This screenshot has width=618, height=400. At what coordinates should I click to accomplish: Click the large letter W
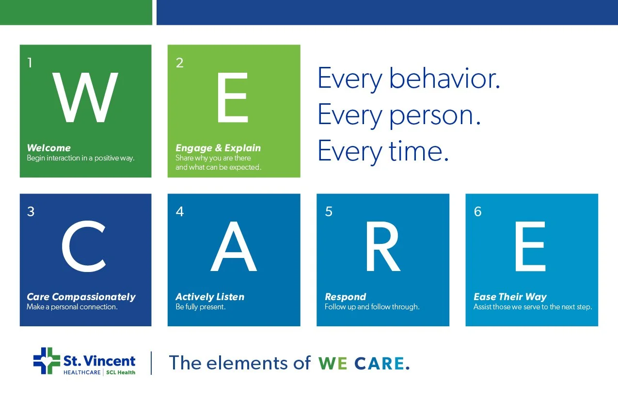(x=85, y=97)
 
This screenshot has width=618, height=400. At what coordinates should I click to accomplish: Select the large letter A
(x=234, y=246)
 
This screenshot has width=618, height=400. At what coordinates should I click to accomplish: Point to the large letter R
(x=383, y=246)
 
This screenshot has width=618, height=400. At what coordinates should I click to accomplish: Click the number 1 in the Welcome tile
(x=30, y=63)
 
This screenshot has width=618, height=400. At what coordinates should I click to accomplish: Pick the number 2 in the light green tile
(x=180, y=63)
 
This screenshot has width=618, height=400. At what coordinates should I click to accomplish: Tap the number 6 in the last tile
(x=477, y=212)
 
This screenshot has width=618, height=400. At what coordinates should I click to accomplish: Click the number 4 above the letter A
(x=180, y=212)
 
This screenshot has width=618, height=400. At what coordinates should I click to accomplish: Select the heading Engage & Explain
(x=218, y=148)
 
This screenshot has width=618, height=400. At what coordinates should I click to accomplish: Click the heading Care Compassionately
(x=81, y=297)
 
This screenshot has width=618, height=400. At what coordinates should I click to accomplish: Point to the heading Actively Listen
(x=210, y=297)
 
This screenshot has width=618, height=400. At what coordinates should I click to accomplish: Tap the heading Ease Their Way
(x=510, y=297)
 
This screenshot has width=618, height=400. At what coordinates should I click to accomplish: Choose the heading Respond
(x=346, y=297)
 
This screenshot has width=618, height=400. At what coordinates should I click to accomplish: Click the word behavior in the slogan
(x=444, y=79)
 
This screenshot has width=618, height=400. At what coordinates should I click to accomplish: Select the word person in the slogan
(x=435, y=116)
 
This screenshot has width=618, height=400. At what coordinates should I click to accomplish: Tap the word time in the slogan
(x=419, y=151)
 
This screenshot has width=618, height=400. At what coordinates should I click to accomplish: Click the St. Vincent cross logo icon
(x=47, y=361)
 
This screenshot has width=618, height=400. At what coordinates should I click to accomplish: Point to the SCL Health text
(x=121, y=372)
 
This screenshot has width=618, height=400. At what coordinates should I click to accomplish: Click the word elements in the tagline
(x=247, y=363)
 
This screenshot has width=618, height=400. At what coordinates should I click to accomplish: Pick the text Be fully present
(x=201, y=307)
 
